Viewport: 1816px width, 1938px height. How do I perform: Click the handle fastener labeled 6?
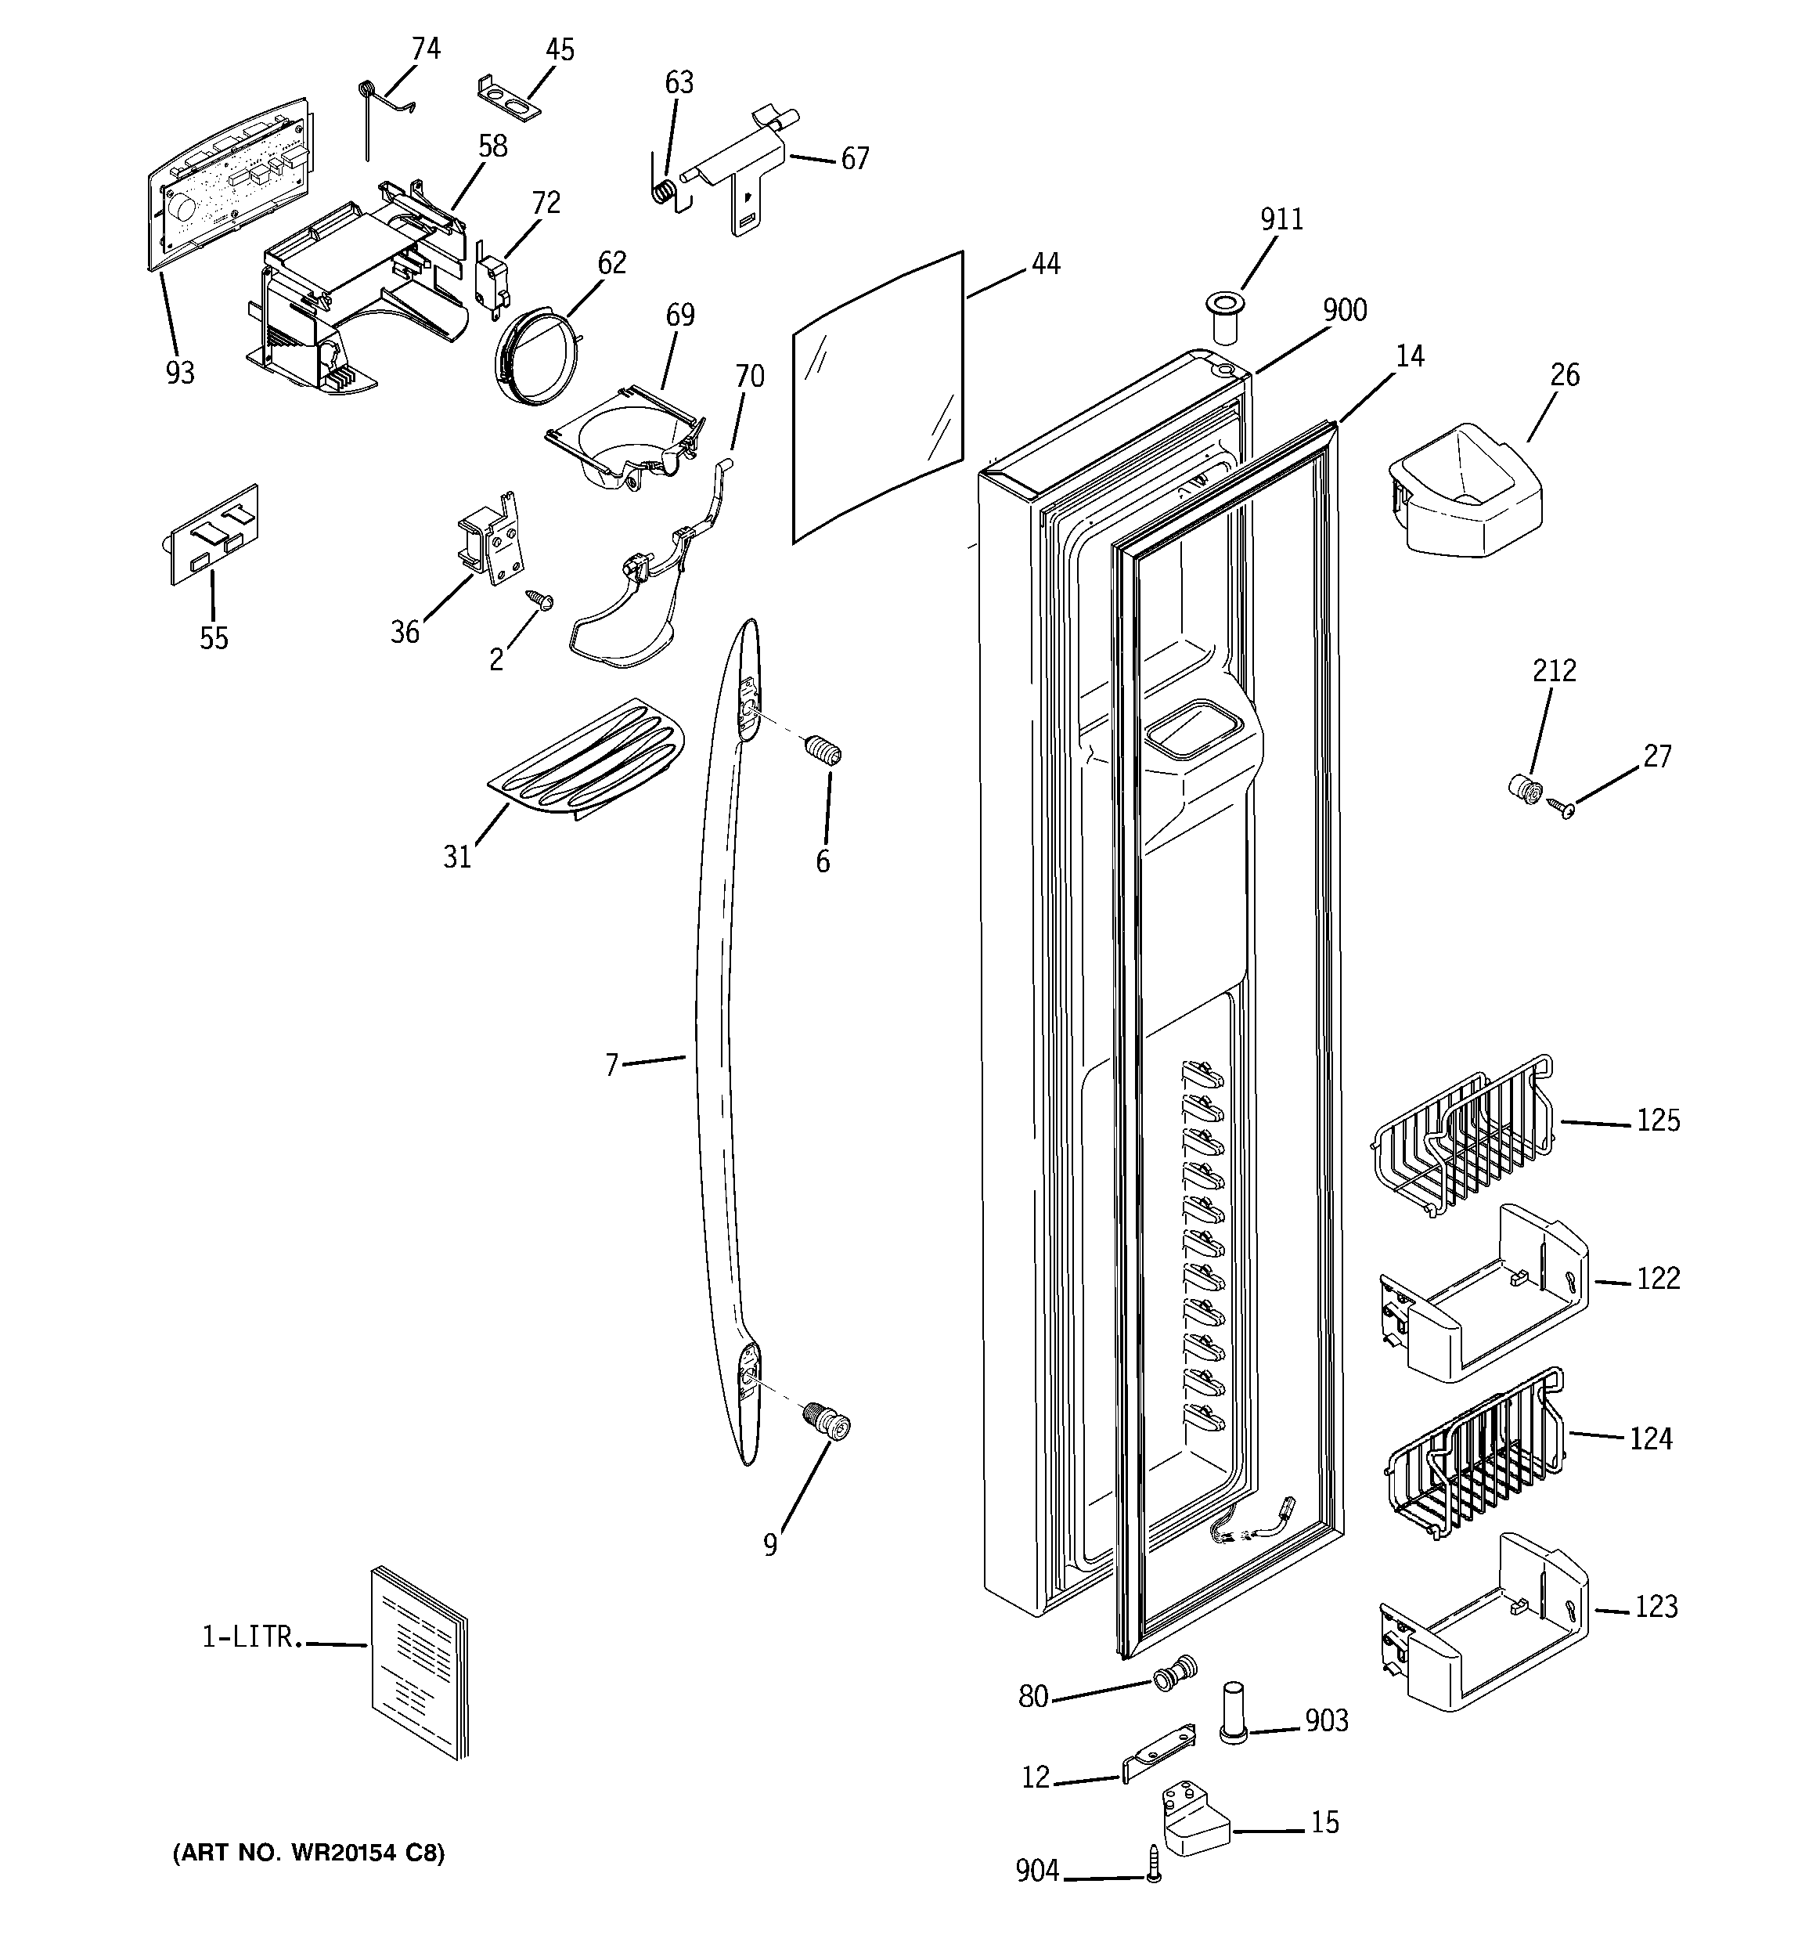click(x=823, y=752)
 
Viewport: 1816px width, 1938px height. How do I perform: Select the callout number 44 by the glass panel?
click(x=1045, y=263)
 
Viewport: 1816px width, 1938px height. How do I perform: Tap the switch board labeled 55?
click(x=214, y=533)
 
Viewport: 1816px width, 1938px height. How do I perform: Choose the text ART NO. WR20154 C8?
click(x=308, y=1853)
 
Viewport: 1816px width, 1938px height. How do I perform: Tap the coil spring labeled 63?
click(x=664, y=190)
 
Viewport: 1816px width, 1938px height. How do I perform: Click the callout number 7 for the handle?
click(x=611, y=1066)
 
